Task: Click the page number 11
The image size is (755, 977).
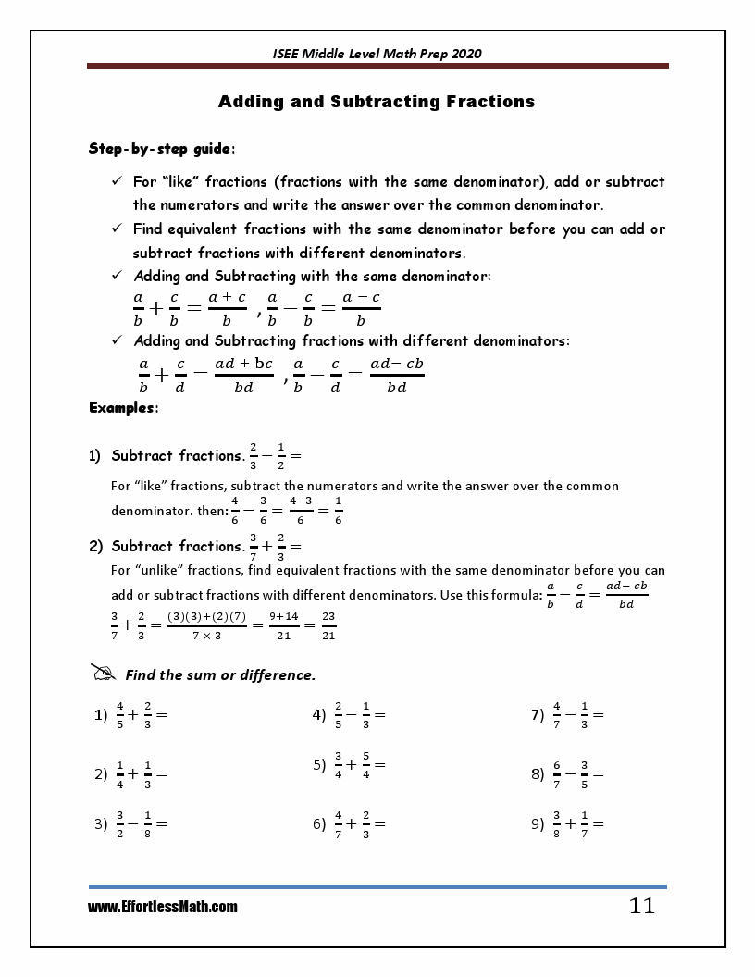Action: pos(641,906)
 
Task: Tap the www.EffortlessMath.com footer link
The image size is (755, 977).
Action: pos(163,908)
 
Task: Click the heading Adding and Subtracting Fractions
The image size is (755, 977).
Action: pos(377,102)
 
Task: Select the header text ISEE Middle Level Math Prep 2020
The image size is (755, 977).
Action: pos(377,54)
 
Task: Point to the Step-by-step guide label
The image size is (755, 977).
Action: pos(161,148)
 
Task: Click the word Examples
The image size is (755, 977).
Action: pos(123,407)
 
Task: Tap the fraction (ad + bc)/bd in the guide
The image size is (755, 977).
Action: pos(243,375)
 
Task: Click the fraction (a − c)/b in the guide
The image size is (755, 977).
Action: pos(361,308)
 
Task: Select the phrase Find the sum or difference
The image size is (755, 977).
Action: pos(220,675)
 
